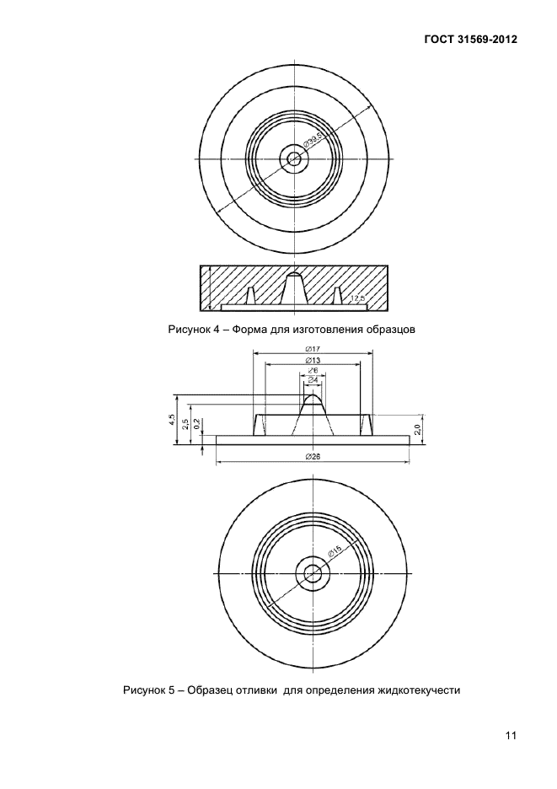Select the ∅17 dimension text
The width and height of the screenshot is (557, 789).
(x=313, y=349)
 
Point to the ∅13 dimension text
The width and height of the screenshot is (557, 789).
(x=313, y=360)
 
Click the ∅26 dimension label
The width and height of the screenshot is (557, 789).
(x=313, y=456)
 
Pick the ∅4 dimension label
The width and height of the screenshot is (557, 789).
(x=313, y=378)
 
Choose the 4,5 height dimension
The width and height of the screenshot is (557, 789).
(x=172, y=419)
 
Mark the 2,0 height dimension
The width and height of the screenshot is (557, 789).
(x=417, y=429)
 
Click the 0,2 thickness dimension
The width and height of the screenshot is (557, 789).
(x=196, y=424)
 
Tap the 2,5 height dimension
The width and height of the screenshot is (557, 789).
(x=185, y=424)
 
